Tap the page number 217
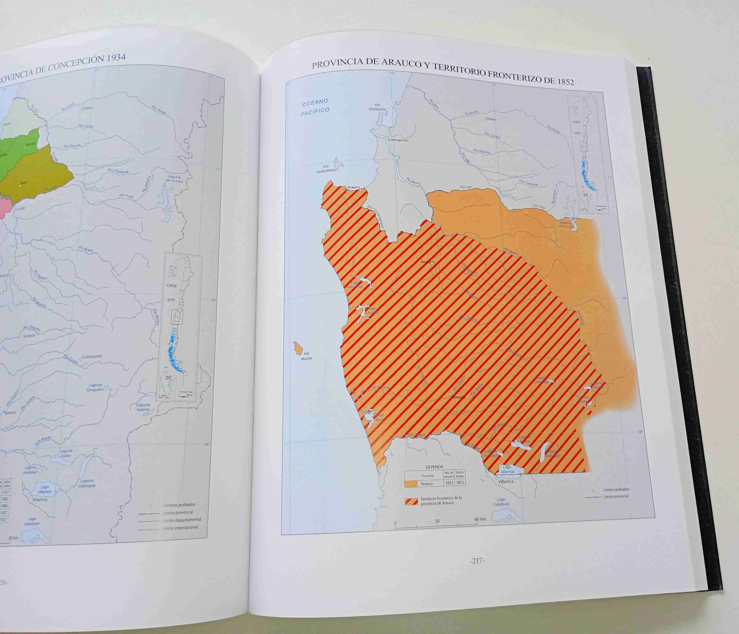[x=477, y=561]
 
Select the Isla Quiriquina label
[x=377, y=107]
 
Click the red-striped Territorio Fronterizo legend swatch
[x=411, y=501]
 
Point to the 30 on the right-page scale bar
[x=437, y=521]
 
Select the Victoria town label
[x=29, y=336]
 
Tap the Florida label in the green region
[x=31, y=145]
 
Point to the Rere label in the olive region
[x=24, y=183]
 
